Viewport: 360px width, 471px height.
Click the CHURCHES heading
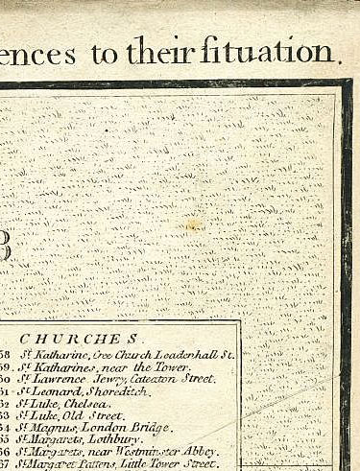click(x=83, y=339)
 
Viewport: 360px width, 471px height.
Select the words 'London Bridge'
click(x=114, y=428)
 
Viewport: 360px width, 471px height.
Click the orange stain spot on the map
click(x=195, y=225)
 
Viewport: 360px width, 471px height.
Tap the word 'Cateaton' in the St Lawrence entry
click(x=145, y=380)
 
